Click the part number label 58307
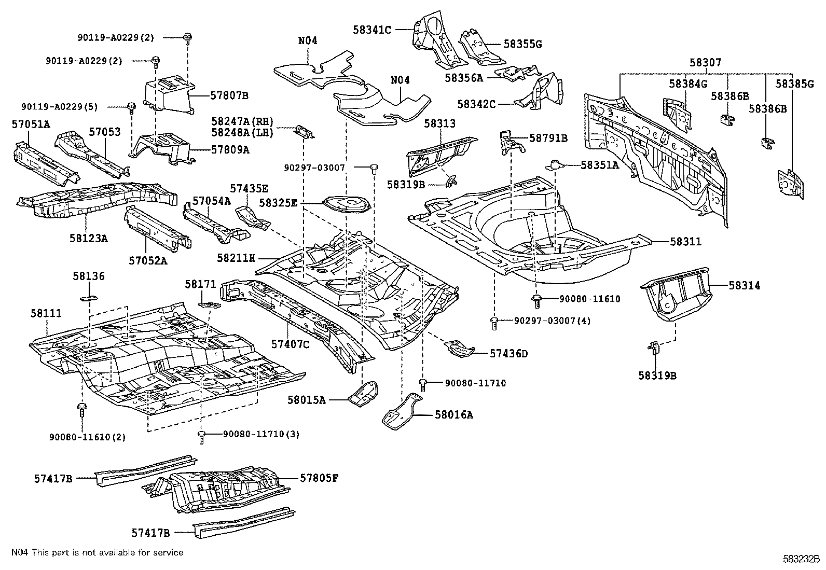click(x=705, y=63)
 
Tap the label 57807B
click(x=229, y=95)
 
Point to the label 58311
click(x=685, y=242)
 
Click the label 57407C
click(x=290, y=343)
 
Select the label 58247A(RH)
click(x=242, y=120)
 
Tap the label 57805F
click(x=319, y=478)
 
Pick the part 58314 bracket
click(x=676, y=293)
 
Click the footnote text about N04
click(x=97, y=553)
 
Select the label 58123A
click(x=89, y=238)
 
